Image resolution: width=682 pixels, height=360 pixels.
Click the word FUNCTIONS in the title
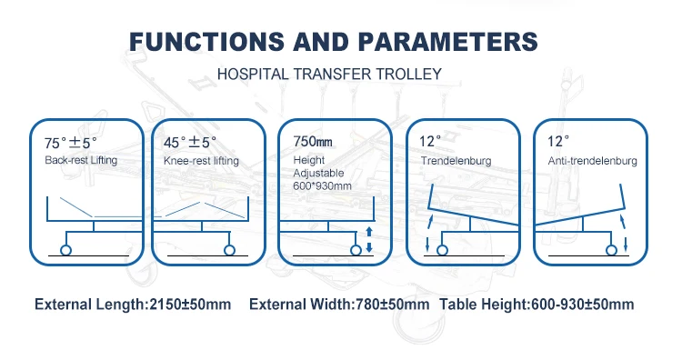[207, 42]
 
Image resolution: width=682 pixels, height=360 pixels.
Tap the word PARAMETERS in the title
[448, 42]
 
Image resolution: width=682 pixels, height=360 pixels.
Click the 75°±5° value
[70, 143]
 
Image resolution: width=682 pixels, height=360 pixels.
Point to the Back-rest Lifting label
[81, 160]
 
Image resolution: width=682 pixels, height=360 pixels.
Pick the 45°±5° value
[190, 142]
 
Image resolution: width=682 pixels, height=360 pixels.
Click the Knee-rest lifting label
[201, 161]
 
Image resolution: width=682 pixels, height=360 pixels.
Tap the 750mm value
[313, 141]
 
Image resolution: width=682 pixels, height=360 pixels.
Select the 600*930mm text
[322, 186]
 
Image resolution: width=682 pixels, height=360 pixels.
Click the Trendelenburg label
[456, 161]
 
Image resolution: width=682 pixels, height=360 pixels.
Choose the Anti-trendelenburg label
[592, 161]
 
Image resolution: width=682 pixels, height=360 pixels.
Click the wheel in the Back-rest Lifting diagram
[65, 250]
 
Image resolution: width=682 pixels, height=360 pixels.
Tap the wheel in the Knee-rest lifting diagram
[229, 250]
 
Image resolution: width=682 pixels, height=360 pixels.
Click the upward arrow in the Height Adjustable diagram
[369, 231]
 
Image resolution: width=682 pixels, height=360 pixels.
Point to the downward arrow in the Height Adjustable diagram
[369, 247]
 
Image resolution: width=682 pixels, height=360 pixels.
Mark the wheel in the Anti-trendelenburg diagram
[611, 250]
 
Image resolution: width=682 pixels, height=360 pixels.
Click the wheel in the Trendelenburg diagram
[442, 250]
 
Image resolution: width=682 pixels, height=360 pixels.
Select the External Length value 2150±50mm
[190, 305]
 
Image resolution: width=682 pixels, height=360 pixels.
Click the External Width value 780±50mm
[392, 305]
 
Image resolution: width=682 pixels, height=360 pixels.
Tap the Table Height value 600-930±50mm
[582, 305]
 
